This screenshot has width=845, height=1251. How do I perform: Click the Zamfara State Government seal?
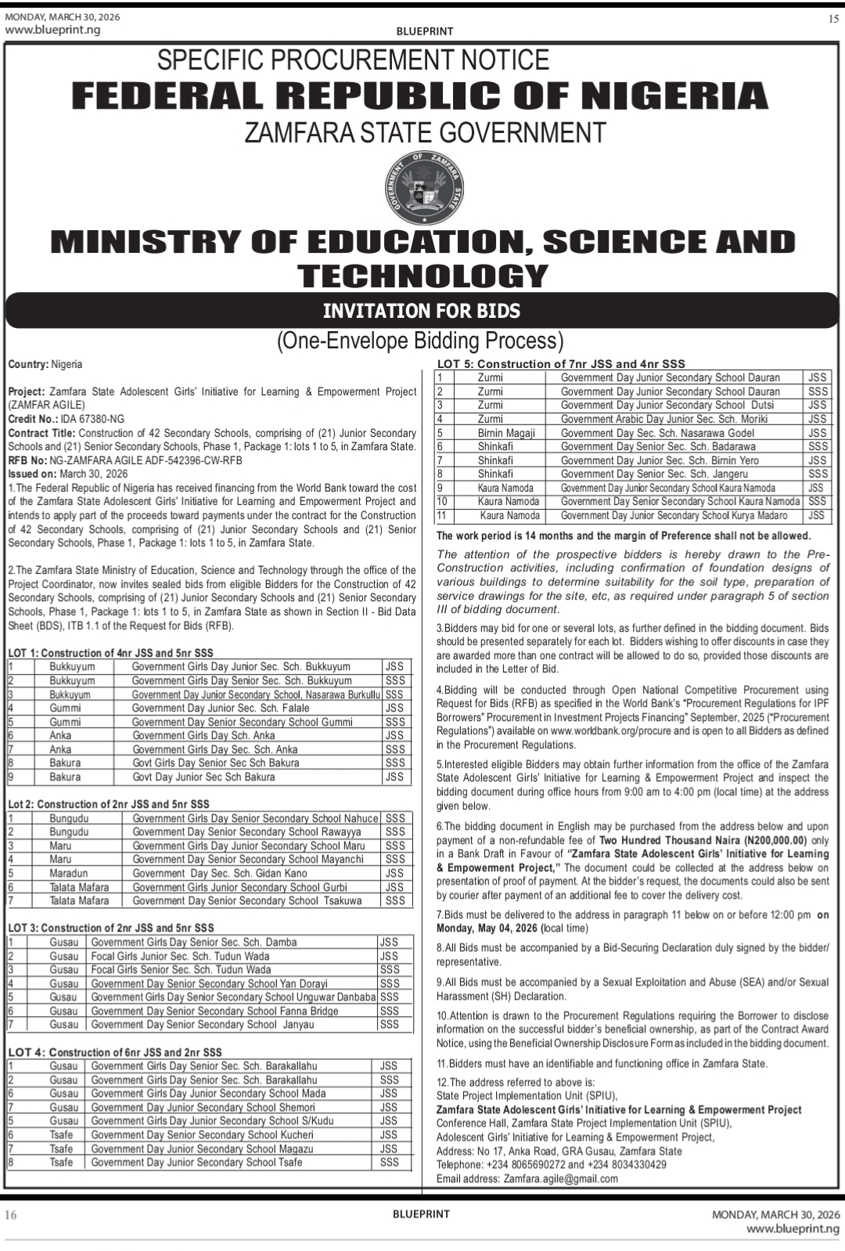click(423, 187)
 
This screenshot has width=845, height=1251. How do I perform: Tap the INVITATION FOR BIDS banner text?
click(422, 311)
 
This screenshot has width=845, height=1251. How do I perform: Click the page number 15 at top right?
click(832, 19)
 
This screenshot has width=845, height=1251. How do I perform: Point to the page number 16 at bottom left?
click(12, 1215)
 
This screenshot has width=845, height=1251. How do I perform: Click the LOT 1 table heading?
click(110, 653)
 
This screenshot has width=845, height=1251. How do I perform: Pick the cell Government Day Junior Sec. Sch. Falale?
click(221, 708)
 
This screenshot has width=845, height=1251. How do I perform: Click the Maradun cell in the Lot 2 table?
click(69, 873)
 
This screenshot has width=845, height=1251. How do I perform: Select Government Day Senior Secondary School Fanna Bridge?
click(214, 1011)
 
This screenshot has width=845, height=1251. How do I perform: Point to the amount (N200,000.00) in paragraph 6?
click(768, 840)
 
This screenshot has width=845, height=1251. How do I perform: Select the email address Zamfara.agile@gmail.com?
click(560, 1178)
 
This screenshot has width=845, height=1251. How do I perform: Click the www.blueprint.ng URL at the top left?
click(53, 30)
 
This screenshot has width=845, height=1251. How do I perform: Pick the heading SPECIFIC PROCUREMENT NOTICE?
click(353, 60)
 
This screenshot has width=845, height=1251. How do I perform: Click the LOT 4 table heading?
click(115, 1052)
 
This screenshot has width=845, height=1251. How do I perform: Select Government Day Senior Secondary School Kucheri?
click(202, 1134)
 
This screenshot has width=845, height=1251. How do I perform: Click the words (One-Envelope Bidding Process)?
click(420, 341)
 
